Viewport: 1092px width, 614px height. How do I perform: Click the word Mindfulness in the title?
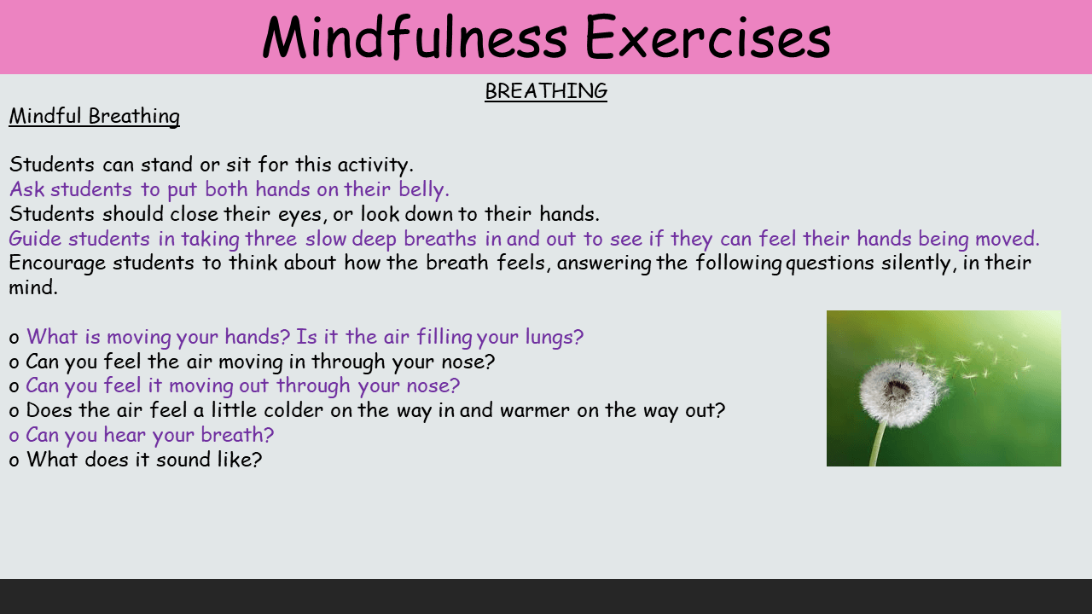(x=415, y=38)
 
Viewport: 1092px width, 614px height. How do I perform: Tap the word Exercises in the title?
(x=707, y=38)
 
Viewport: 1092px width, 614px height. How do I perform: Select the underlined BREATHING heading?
(x=546, y=91)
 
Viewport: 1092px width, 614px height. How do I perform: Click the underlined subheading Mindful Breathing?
(x=94, y=117)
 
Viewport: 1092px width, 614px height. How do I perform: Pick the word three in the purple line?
(x=270, y=239)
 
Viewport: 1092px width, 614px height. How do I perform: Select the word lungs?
(x=554, y=338)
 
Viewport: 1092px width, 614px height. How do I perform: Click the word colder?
(x=293, y=410)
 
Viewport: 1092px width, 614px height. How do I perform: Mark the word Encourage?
(x=57, y=264)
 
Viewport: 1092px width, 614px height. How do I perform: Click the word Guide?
(x=35, y=239)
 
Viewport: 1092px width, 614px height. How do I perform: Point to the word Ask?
(x=26, y=189)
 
